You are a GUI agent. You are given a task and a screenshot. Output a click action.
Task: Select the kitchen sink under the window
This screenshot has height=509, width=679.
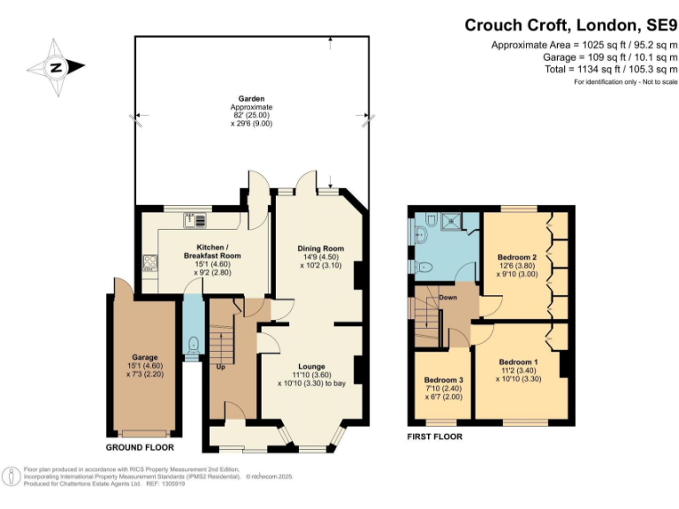pos(195,218)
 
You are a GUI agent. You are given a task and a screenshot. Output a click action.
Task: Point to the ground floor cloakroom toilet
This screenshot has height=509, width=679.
pos(193,346)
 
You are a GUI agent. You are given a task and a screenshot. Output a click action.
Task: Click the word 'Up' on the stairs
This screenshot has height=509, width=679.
pos(219,365)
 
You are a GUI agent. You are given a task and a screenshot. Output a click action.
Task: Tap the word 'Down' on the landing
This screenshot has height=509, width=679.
pos(448,298)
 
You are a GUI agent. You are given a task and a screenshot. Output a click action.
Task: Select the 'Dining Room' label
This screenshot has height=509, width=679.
pos(320,249)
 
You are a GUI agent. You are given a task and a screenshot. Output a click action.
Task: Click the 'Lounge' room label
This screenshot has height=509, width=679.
pos(311,366)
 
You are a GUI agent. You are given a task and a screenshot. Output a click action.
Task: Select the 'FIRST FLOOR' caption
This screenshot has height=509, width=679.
pos(434,437)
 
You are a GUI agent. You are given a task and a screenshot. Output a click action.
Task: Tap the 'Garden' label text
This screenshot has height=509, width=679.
pos(250,99)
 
